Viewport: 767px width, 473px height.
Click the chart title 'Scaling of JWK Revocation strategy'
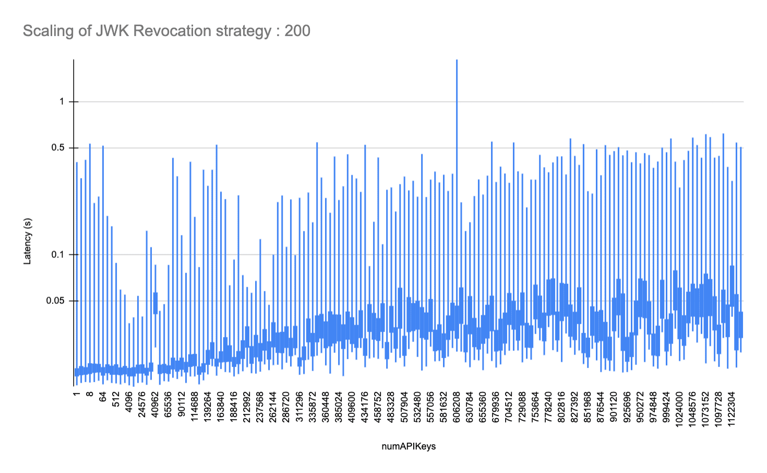pyautogui.click(x=146, y=31)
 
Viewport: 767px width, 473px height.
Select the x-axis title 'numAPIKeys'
pyautogui.click(x=409, y=446)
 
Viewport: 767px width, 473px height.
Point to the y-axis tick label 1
pyautogui.click(x=62, y=102)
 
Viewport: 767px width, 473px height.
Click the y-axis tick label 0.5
pyautogui.click(x=58, y=148)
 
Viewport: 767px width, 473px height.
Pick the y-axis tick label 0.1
pyautogui.click(x=58, y=255)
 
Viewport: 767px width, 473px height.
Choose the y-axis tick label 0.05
pyautogui.click(x=56, y=301)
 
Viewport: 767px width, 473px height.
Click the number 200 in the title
pyautogui.click(x=297, y=31)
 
